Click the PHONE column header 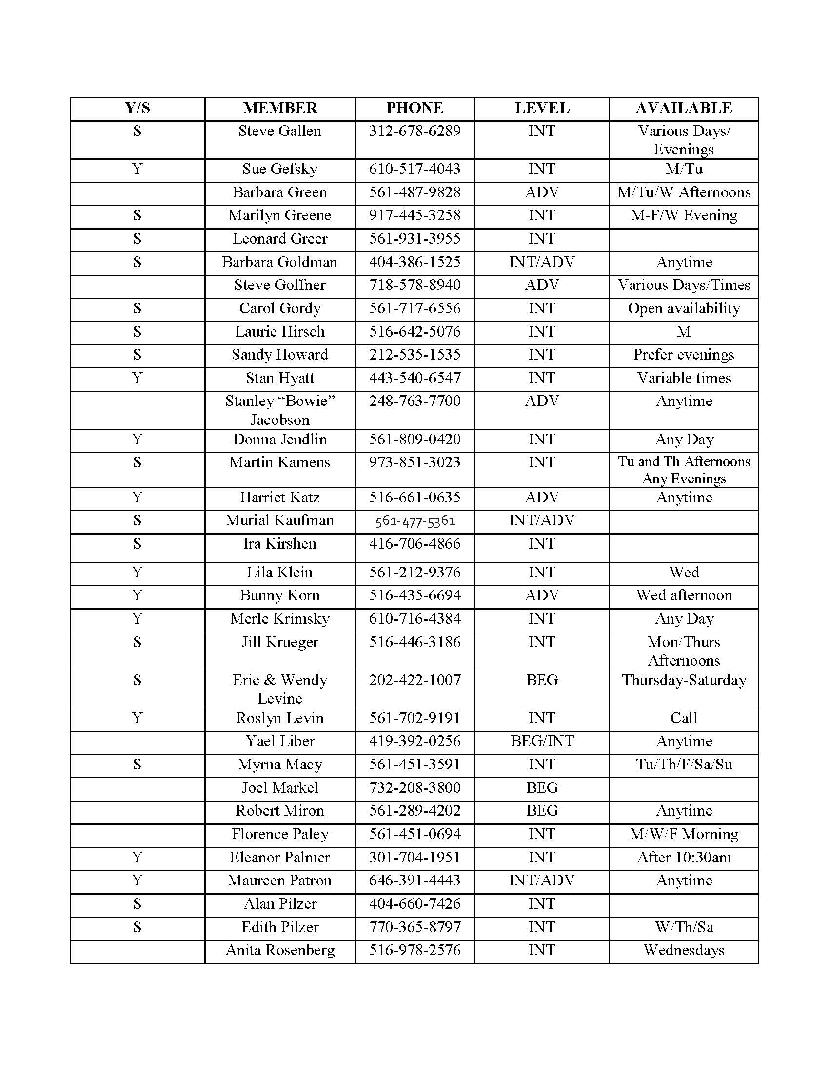pos(414,108)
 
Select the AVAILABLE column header pos(684,108)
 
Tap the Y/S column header pos(137,108)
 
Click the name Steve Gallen pos(279,131)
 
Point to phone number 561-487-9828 pos(414,192)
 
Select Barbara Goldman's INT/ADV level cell pos(542,262)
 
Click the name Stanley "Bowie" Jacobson pos(279,410)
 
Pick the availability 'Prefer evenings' pos(684,355)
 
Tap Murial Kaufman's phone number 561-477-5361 pos(415,521)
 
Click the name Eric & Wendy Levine pos(279,689)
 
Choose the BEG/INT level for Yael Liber pos(542,741)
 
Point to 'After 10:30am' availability pos(684,858)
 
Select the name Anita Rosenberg pos(279,950)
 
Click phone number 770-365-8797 pos(414,927)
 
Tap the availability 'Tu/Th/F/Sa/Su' pos(684,764)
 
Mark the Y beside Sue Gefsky pos(137,170)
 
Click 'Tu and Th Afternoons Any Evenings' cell pos(684,470)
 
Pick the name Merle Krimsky pos(279,619)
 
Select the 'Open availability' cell pos(684,308)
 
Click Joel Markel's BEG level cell pos(542,788)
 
